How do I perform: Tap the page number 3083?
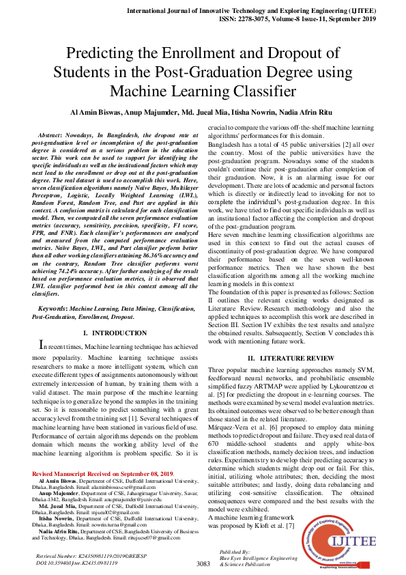tap(203, 564)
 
